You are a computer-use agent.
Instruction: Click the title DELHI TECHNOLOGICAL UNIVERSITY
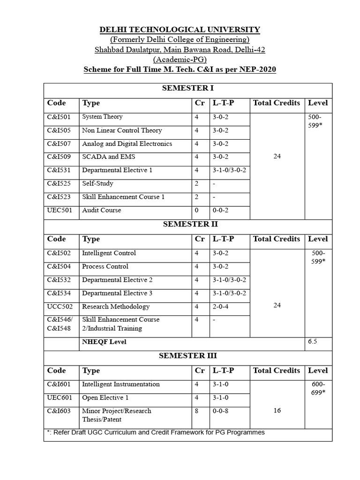click(x=180, y=30)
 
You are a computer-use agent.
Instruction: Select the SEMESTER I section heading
click(x=188, y=88)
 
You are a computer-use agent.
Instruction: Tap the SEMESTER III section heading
click(x=188, y=356)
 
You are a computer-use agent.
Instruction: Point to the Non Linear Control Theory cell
click(x=122, y=130)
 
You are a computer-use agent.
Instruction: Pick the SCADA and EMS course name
click(x=108, y=157)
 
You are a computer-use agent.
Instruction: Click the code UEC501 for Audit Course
click(x=60, y=210)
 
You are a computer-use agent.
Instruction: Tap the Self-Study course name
click(x=97, y=184)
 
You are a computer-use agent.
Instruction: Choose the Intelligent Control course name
click(x=109, y=253)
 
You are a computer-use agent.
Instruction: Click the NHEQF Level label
click(x=104, y=342)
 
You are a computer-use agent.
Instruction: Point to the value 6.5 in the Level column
click(x=313, y=342)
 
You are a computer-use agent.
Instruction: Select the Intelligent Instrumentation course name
click(x=121, y=384)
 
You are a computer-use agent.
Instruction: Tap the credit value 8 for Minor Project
click(x=197, y=411)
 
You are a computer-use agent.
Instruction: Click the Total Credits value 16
click(x=277, y=411)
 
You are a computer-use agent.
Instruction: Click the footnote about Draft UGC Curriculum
click(x=156, y=432)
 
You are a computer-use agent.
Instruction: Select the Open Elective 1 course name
click(x=105, y=398)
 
